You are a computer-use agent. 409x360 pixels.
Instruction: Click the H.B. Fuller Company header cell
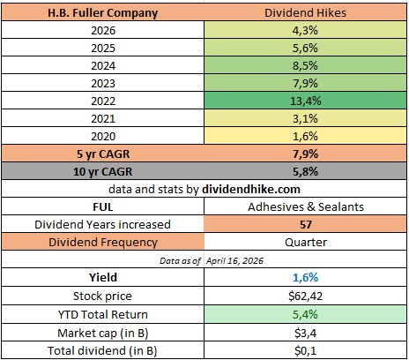pos(103,13)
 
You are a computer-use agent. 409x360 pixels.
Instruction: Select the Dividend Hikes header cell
pos(305,13)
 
